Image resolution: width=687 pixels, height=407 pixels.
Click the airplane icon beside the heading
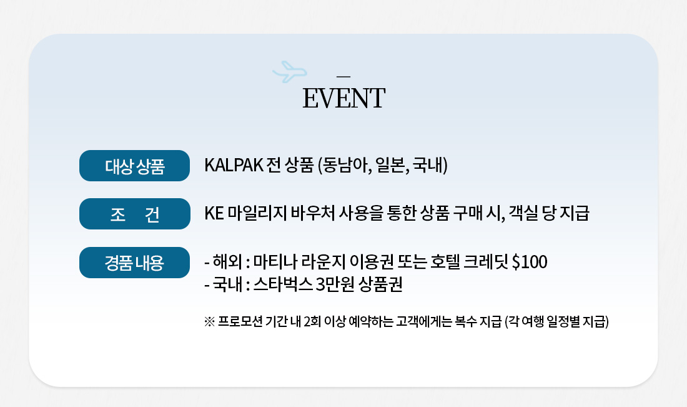[x=290, y=71]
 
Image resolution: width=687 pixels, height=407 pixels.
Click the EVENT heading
[x=344, y=98]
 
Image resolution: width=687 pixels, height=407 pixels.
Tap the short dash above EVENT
[x=343, y=76]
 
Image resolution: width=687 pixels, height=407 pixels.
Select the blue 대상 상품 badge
[x=134, y=166]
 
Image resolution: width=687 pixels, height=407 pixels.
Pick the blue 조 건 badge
[x=134, y=214]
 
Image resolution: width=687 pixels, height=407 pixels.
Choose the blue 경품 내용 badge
[x=134, y=263]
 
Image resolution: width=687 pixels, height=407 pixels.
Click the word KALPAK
[x=234, y=165]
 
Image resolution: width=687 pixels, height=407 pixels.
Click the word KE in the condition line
[x=214, y=213]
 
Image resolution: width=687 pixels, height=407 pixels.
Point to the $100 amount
[x=530, y=262]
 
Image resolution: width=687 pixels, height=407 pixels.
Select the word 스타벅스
[x=283, y=284]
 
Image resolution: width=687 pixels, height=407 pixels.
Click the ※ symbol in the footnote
[x=209, y=322]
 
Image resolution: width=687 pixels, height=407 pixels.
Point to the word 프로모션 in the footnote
[x=240, y=322]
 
